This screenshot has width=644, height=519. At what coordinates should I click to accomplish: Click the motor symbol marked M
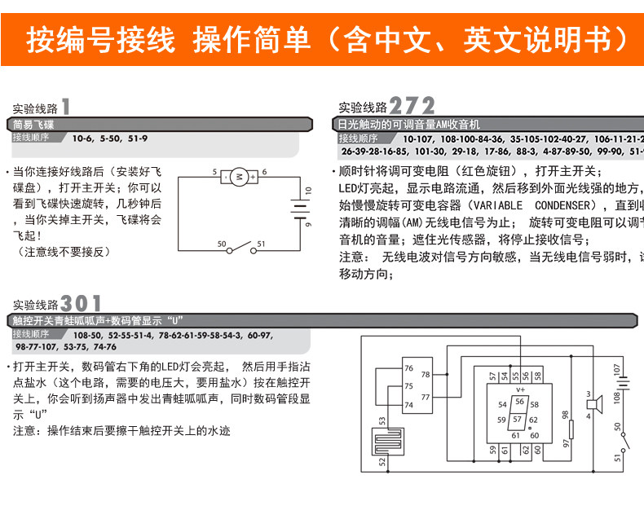239,175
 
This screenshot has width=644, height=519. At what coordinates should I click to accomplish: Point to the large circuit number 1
65,106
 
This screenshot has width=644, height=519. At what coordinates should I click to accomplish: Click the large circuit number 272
412,106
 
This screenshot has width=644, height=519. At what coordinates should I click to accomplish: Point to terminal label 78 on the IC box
426,376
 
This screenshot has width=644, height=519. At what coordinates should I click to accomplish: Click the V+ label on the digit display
518,389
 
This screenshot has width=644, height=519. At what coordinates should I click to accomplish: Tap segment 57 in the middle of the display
517,420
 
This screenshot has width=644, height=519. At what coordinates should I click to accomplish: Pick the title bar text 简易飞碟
33,125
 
